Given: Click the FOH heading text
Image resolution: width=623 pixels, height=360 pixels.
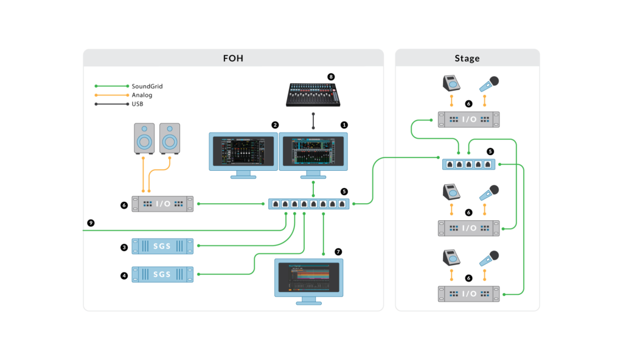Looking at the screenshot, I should coord(234,58).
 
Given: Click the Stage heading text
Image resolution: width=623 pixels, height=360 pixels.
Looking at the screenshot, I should coord(467,58).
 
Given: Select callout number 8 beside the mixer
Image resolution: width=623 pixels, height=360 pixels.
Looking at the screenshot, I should coord(331,77).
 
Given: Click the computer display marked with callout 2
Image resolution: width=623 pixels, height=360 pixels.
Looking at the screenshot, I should coord(243,151).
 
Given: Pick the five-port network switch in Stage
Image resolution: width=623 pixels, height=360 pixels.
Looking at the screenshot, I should coord(468,164).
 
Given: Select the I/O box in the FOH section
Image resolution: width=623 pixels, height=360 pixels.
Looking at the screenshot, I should coord(162,204).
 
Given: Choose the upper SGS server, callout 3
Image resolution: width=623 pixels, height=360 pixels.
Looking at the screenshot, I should coord(162,246).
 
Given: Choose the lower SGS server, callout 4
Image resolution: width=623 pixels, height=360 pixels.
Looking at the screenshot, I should coord(162,274).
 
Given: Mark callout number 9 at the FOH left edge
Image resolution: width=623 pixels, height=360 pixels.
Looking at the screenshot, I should coord(91,223).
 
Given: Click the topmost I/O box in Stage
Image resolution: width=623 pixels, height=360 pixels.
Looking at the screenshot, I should coord(468,120).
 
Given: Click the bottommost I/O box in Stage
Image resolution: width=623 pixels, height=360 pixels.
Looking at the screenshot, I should coord(468,294).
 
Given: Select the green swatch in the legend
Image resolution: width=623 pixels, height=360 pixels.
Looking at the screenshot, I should coord(113,88).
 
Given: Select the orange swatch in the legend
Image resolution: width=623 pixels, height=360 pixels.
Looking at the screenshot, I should coord(113,98).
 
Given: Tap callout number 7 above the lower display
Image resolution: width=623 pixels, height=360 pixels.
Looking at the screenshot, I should coord(338,251).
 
